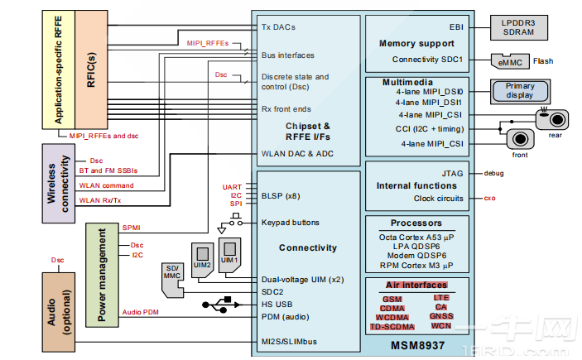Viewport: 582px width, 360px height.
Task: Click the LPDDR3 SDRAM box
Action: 519,26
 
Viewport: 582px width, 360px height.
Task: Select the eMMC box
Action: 504,60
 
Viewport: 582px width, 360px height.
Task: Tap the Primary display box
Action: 520,91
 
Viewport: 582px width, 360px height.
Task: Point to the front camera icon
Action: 520,139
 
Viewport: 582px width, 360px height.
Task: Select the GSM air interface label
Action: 392,298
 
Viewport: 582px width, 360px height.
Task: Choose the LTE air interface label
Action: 440,296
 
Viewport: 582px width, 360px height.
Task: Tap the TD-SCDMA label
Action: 392,327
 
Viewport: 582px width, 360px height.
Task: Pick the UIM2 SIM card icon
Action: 201,257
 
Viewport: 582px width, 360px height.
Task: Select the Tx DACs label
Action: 278,26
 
